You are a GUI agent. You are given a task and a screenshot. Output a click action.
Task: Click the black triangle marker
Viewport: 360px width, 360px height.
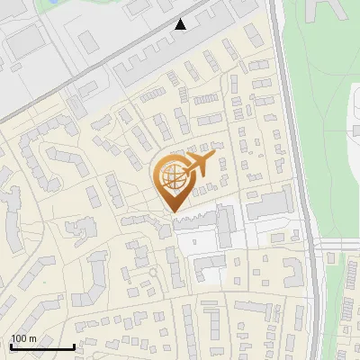click(x=181, y=24)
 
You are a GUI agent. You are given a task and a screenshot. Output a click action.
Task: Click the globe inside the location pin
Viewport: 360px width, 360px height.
click(x=171, y=178)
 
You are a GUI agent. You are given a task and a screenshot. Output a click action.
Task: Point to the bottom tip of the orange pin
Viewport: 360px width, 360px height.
click(x=171, y=212)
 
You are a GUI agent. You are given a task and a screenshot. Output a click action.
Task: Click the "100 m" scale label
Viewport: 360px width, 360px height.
click(x=23, y=338)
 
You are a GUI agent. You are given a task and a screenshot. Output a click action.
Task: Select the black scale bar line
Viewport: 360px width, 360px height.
click(x=41, y=347)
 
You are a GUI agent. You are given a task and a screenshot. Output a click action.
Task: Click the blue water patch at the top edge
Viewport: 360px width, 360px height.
click(x=52, y=4)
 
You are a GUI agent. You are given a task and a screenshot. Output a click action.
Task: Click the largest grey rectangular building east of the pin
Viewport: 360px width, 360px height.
click(x=268, y=205)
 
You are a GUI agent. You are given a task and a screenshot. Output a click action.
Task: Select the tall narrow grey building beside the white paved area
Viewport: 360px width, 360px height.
click(x=225, y=225)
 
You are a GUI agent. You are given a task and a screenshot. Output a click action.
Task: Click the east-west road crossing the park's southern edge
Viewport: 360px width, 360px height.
click(x=340, y=245)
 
